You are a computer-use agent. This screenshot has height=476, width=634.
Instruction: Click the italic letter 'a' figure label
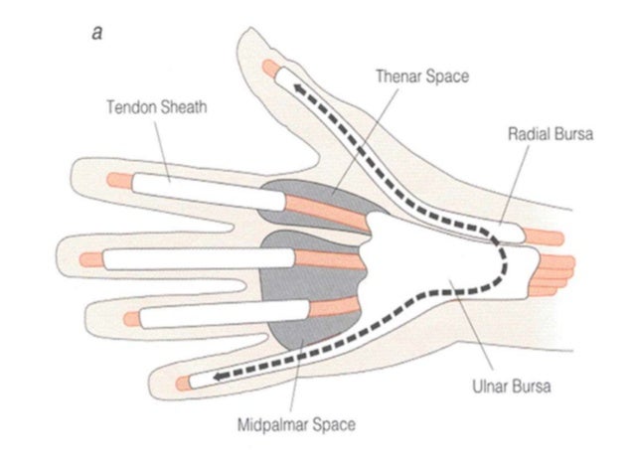point(96,32)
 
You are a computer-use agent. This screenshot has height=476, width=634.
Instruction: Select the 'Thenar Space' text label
point(420,75)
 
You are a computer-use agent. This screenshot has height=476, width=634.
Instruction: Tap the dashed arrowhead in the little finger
point(215,376)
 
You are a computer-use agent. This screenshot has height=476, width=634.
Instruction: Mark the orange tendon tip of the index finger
point(116,180)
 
